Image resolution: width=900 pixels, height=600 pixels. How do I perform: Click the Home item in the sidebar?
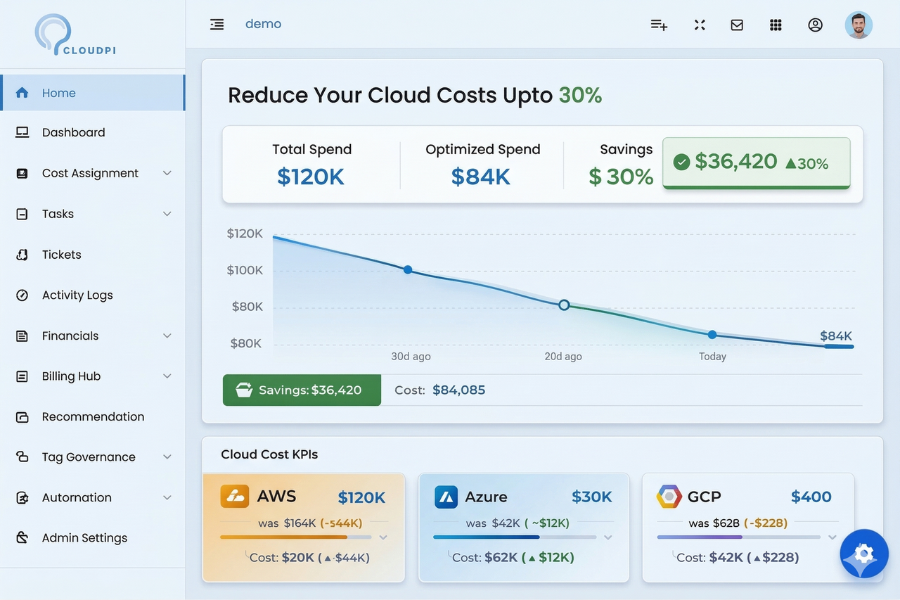click(59, 93)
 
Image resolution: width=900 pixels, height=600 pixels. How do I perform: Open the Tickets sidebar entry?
click(61, 255)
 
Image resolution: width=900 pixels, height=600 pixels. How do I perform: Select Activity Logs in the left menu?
click(77, 295)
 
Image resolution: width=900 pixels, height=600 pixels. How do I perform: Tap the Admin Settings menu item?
click(84, 538)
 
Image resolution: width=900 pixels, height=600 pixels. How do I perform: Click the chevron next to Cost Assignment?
click(167, 173)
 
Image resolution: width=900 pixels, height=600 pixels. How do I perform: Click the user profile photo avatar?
click(859, 25)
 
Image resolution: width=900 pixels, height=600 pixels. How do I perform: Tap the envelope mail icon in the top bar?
click(737, 25)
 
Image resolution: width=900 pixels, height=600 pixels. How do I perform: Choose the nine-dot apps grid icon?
click(776, 25)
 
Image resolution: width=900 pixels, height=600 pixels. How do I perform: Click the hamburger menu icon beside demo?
click(217, 25)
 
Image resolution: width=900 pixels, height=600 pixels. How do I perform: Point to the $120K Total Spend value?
click(311, 177)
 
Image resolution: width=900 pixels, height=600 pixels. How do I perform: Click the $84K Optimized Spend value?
click(481, 177)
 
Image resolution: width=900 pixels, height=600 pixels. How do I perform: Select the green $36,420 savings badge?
click(756, 163)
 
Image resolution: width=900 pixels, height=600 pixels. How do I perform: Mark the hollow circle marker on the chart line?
click(564, 305)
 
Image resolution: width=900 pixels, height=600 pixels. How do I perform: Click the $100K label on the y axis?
click(245, 270)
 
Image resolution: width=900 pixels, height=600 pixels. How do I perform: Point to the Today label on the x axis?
click(712, 357)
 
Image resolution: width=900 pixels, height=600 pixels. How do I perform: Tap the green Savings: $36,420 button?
click(302, 390)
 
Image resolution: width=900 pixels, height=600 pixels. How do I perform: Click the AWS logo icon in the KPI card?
click(235, 497)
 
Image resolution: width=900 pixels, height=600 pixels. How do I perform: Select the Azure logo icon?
click(446, 497)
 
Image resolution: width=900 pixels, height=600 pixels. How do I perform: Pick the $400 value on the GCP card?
click(811, 497)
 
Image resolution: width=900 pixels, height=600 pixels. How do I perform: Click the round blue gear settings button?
click(864, 554)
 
